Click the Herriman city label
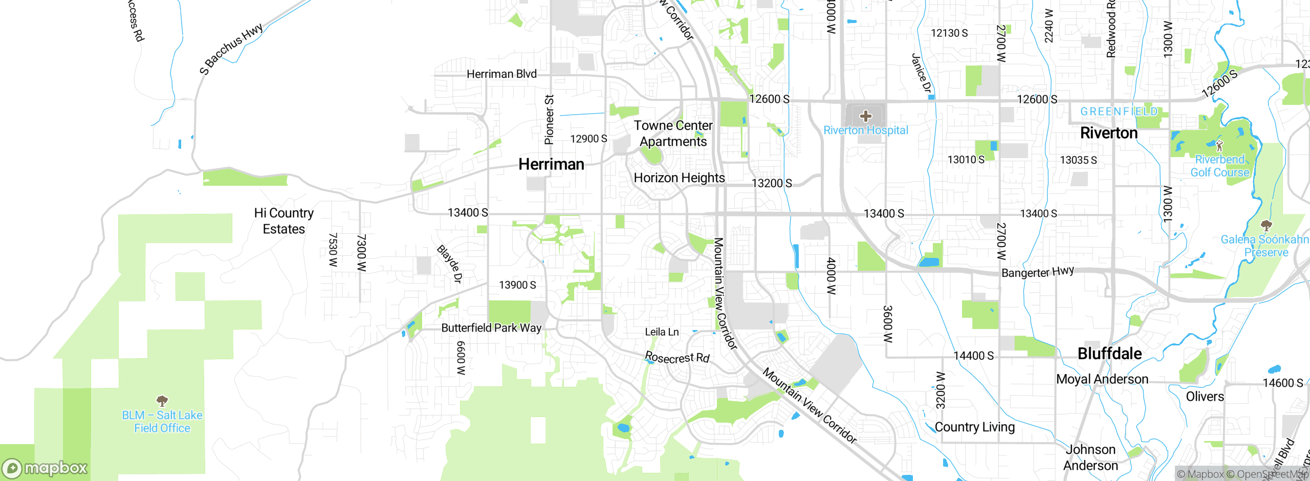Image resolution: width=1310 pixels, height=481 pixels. (x=551, y=164)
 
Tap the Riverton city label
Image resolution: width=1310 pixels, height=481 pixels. (x=1108, y=133)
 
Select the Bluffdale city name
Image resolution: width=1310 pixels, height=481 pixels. (x=1109, y=354)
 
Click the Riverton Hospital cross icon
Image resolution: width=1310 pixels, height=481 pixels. (x=865, y=116)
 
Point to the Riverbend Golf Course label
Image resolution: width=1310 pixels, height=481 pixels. (x=1220, y=166)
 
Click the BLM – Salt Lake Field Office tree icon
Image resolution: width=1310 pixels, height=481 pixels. (x=162, y=401)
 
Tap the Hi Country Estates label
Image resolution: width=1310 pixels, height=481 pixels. (x=284, y=221)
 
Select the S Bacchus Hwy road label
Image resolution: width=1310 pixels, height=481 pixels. (x=231, y=49)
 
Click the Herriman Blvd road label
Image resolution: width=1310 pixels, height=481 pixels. (x=501, y=74)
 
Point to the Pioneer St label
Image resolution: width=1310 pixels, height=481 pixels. (x=549, y=119)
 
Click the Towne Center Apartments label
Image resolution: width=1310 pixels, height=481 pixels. (x=673, y=134)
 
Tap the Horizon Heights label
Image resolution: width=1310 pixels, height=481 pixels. (x=679, y=178)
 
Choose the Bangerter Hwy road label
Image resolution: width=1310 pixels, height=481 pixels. (x=1037, y=272)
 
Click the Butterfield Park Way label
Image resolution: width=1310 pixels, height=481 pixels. (x=491, y=327)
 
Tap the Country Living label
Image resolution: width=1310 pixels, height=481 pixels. (x=974, y=427)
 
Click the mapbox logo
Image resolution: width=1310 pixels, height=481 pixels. (x=45, y=468)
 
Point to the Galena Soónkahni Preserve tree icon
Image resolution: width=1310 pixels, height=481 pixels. (x=1266, y=226)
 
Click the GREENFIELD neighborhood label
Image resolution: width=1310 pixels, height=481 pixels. (x=1119, y=112)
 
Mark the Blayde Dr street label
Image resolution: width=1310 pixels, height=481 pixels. (x=450, y=264)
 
